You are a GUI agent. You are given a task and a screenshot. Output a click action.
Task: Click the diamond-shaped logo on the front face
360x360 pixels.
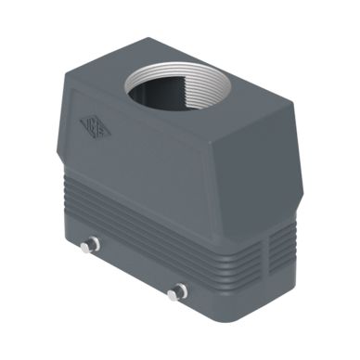pyautogui.click(x=96, y=128)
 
